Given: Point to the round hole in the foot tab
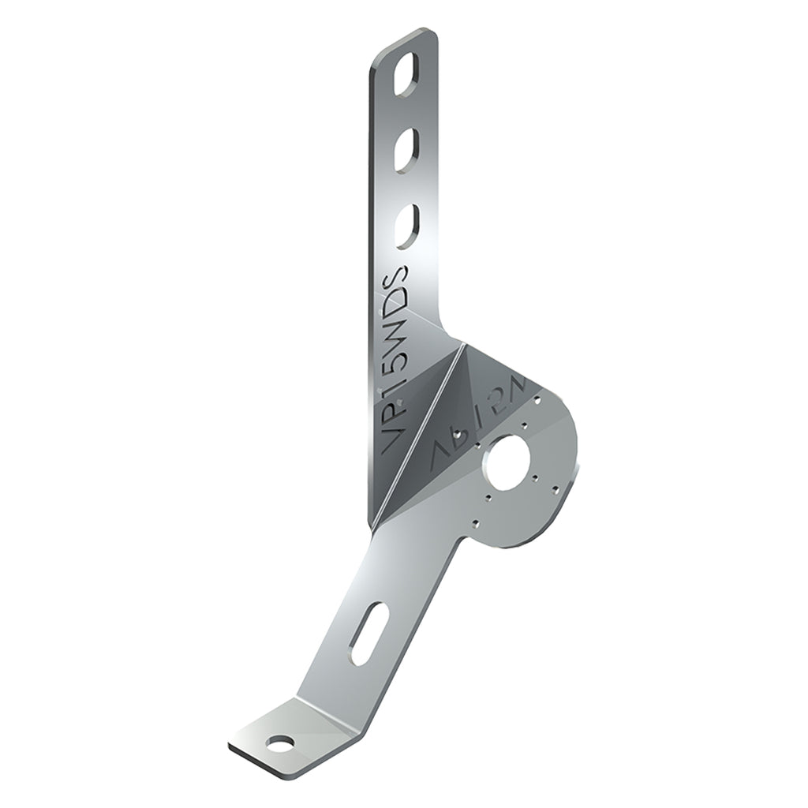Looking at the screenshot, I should [279, 743].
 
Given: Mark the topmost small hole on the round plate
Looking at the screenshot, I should [537, 400].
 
